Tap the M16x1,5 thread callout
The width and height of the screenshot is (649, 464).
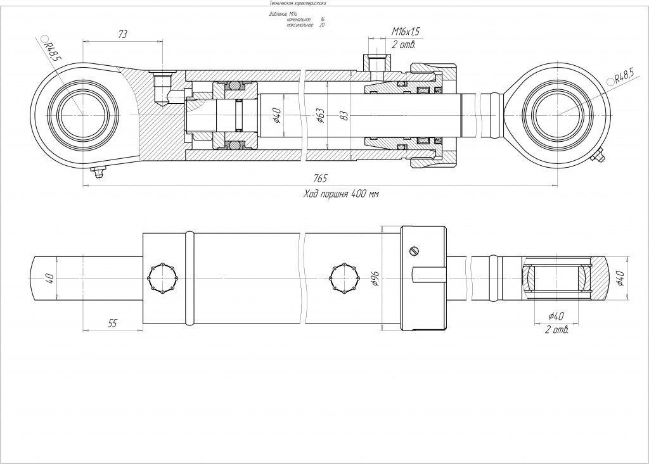[x=406, y=32]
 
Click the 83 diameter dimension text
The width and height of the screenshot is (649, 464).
[x=344, y=115]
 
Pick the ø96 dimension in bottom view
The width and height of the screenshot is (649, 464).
[x=375, y=279]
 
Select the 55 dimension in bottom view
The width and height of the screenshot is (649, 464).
[x=112, y=323]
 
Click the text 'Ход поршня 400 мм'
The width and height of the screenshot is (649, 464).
[x=341, y=194]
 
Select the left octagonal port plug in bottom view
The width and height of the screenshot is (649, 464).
[x=160, y=277]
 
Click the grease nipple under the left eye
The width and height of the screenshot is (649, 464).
[x=97, y=172]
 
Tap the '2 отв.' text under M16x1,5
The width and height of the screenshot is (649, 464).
[x=402, y=44]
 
